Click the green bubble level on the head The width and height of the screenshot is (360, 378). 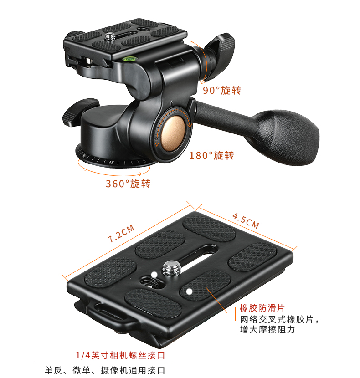(129, 58)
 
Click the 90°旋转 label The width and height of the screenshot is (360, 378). (222, 90)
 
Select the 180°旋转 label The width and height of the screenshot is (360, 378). (211, 155)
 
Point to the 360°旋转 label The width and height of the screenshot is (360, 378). (128, 184)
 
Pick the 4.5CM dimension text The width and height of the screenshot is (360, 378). (245, 220)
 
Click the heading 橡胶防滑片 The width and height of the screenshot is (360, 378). (262, 308)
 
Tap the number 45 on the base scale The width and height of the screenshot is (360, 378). (111, 162)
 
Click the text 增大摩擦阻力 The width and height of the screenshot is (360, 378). (267, 329)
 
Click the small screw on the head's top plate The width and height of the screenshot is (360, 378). (111, 36)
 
